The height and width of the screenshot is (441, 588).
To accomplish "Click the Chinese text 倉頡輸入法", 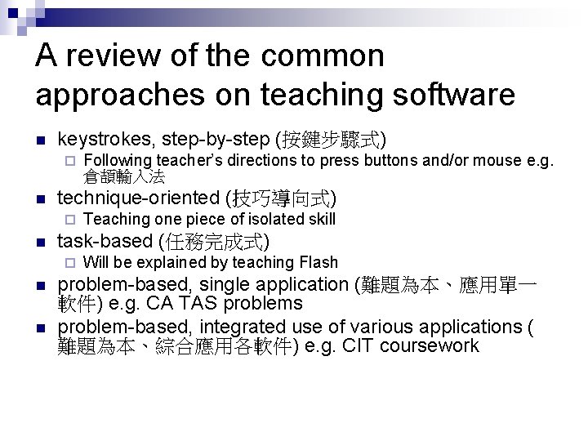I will click(124, 176).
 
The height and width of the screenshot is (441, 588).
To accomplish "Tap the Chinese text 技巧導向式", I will click(284, 198).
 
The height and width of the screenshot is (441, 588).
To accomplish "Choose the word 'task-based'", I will click(105, 241).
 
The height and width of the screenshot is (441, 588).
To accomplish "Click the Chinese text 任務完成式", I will click(217, 241).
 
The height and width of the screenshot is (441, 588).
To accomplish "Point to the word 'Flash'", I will click(318, 262).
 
